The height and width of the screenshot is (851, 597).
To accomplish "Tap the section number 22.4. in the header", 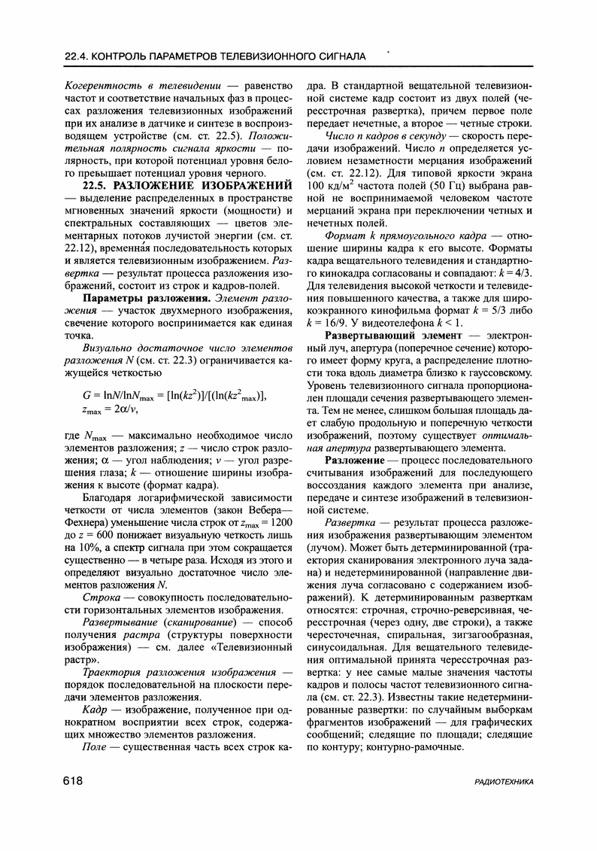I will [79, 56].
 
